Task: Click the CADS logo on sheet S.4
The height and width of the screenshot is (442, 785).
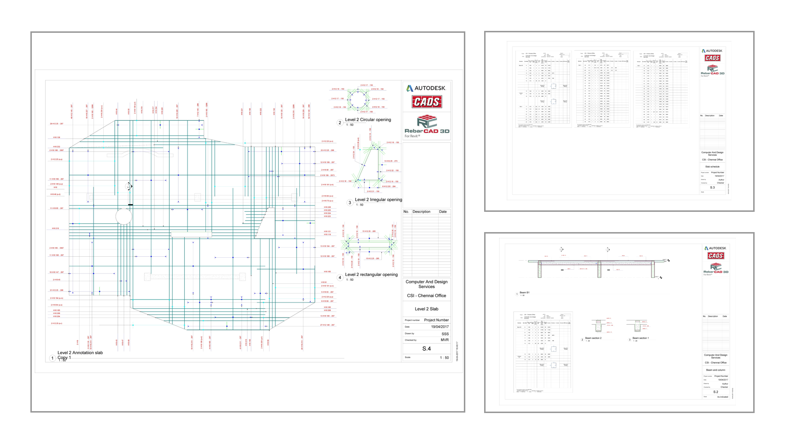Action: pos(426,102)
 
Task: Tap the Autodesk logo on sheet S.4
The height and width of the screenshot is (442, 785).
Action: pos(426,88)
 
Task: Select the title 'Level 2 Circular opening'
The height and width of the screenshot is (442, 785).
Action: pos(368,120)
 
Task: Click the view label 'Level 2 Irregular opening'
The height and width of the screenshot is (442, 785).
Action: pos(378,199)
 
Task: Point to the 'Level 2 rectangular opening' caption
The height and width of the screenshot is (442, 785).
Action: pos(371,275)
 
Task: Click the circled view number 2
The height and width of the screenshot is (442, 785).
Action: pos(340,123)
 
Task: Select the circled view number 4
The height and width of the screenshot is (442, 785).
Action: pos(340,277)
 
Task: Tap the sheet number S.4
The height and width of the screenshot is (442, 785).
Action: pos(426,348)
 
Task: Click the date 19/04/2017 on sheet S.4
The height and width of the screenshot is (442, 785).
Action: pos(440,327)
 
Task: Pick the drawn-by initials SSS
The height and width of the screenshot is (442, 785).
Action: pos(445,333)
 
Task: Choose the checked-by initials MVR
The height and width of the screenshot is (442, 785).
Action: pos(444,340)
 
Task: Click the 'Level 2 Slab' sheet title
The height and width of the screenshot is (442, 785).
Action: pos(426,309)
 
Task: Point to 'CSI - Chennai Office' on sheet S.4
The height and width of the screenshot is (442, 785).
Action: pos(426,295)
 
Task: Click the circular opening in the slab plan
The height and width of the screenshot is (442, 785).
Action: pos(124,217)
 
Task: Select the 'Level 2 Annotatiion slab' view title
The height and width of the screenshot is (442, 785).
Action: pos(80,353)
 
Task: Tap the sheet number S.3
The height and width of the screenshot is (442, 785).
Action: pos(712,187)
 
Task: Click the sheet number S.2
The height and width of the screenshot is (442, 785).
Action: pos(716,392)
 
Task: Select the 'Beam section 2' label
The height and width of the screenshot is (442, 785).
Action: pos(593,338)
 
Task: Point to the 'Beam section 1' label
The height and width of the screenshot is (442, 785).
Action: pos(640,338)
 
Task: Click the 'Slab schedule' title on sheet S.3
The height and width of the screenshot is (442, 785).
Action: pos(712,166)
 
